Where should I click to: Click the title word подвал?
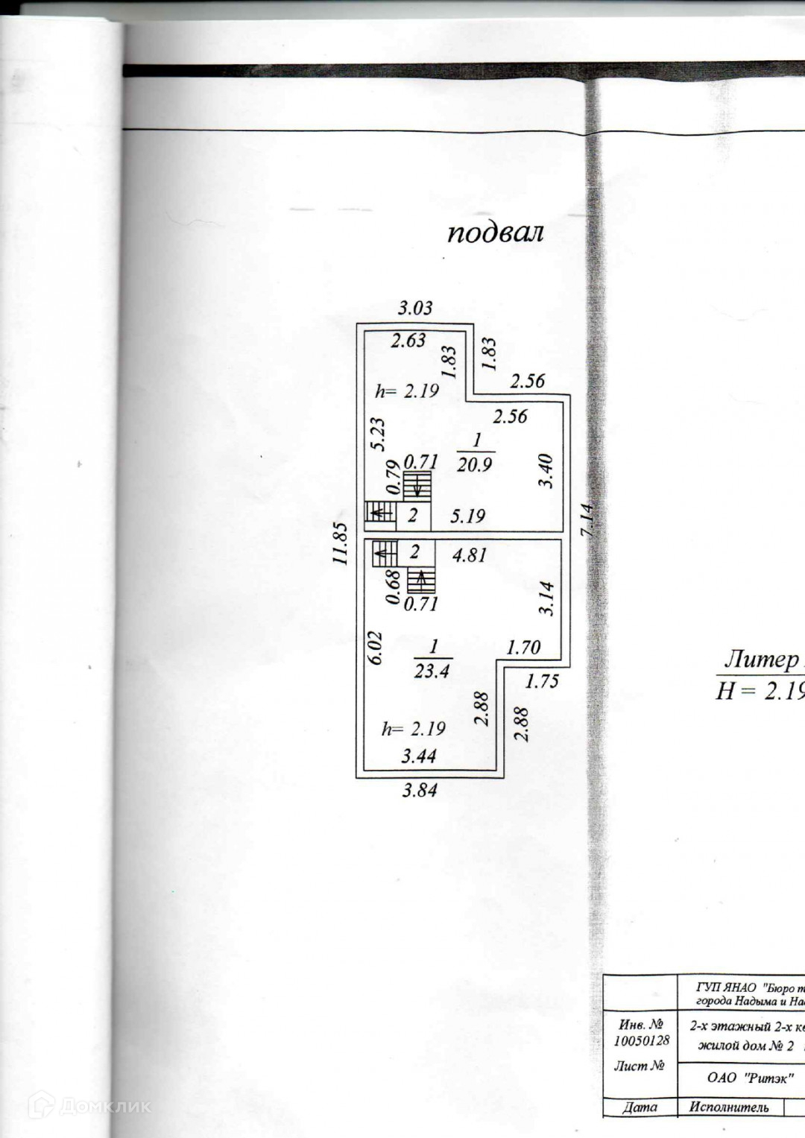click(x=495, y=233)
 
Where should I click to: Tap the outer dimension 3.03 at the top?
click(x=414, y=307)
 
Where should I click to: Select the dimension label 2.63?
click(x=409, y=341)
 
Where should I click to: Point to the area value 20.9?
click(x=475, y=465)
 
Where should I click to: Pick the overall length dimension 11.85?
click(x=341, y=543)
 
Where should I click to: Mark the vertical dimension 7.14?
click(x=588, y=521)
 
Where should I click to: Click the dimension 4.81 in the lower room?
click(x=470, y=555)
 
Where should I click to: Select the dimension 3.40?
click(x=547, y=470)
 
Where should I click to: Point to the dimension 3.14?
click(x=547, y=598)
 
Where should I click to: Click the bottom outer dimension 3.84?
click(x=419, y=791)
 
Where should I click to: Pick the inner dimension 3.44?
click(x=419, y=757)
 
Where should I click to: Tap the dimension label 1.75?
click(x=542, y=680)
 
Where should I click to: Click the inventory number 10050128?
click(x=642, y=1040)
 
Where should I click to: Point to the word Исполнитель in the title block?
click(x=729, y=1128)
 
